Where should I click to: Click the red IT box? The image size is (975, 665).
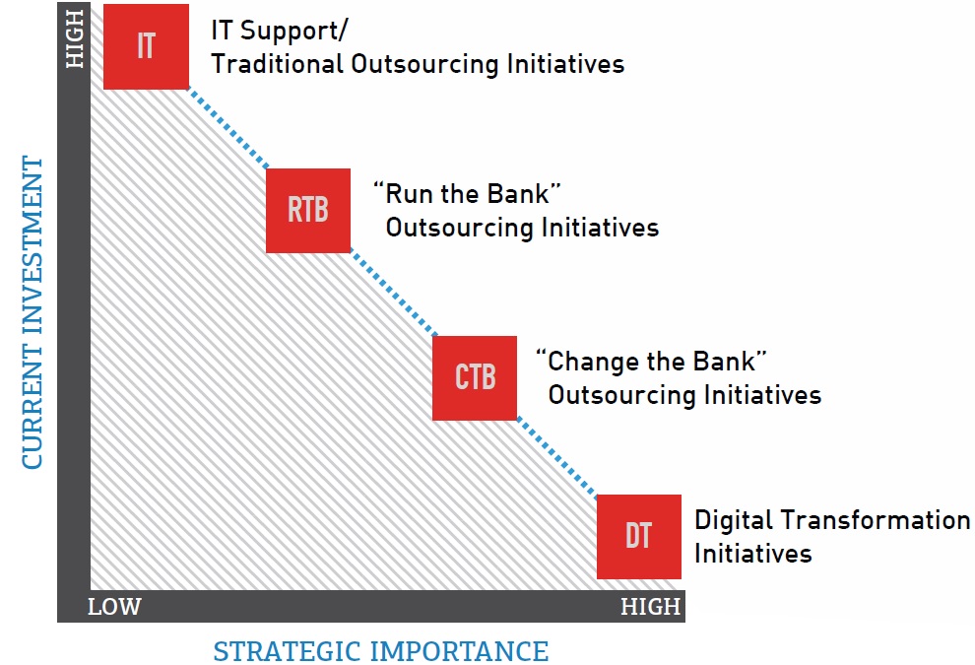[x=146, y=46]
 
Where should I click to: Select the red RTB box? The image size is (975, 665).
[x=308, y=211]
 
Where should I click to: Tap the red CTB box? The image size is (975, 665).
[x=475, y=378]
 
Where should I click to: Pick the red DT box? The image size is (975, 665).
[x=639, y=537]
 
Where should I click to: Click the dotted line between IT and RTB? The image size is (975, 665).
[x=227, y=129]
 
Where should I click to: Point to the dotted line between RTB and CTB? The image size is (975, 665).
[x=393, y=294]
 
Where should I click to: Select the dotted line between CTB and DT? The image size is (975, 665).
[x=557, y=458]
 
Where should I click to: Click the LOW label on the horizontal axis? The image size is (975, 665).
[x=114, y=607]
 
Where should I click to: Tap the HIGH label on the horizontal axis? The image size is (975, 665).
[x=650, y=607]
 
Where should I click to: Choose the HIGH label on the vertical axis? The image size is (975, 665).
[x=75, y=38]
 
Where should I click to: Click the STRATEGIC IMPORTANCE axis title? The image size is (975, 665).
[x=381, y=651]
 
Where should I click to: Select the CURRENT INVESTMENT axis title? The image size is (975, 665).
[x=32, y=311]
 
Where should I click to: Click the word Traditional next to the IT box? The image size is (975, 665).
[x=278, y=64]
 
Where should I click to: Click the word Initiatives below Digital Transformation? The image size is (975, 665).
[x=753, y=553]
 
